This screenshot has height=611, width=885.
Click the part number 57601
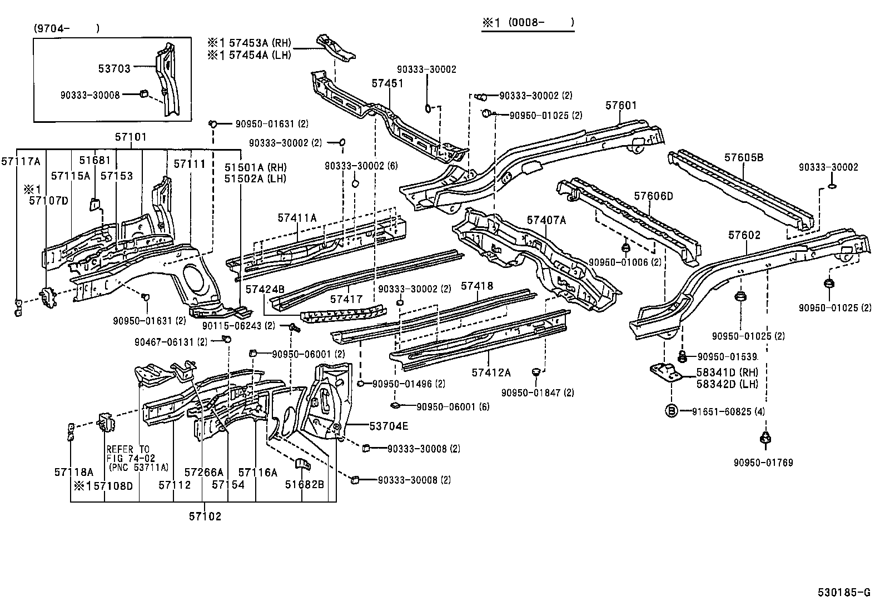pyautogui.click(x=621, y=106)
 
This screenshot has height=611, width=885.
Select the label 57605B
pyautogui.click(x=743, y=157)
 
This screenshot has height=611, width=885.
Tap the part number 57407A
pyautogui.click(x=546, y=220)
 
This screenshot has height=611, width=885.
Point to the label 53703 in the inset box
pyautogui.click(x=114, y=68)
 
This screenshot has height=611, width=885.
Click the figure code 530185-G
pyautogui.click(x=844, y=593)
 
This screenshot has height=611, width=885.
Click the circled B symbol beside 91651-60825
pyautogui.click(x=672, y=411)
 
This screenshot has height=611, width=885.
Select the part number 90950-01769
pyautogui.click(x=763, y=463)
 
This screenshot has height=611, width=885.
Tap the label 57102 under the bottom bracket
pyautogui.click(x=204, y=516)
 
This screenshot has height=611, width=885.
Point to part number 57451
pyautogui.click(x=387, y=83)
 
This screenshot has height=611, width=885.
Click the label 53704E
pyautogui.click(x=389, y=426)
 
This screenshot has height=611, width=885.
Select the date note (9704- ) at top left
pyautogui.click(x=66, y=28)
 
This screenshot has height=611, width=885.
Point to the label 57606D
pyautogui.click(x=653, y=196)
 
